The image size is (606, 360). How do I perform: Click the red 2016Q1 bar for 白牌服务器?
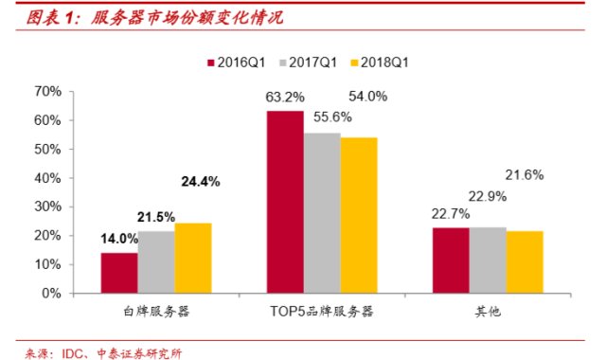coord(119,273)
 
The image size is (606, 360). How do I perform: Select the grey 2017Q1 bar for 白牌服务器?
coord(156,262)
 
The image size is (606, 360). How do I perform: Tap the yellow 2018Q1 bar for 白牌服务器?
coord(193,258)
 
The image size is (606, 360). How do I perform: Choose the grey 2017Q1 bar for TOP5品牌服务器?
coord(322,213)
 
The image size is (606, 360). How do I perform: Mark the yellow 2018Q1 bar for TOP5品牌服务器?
coord(358,215)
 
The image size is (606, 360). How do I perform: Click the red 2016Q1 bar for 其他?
coord(451,261)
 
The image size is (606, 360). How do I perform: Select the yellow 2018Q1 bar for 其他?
coord(524,261)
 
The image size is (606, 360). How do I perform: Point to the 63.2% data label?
coord(285,97)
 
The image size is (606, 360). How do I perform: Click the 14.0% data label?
coord(120,240)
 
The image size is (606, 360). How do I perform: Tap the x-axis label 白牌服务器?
coord(156,310)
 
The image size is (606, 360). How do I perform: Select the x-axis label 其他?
coord(487,310)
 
